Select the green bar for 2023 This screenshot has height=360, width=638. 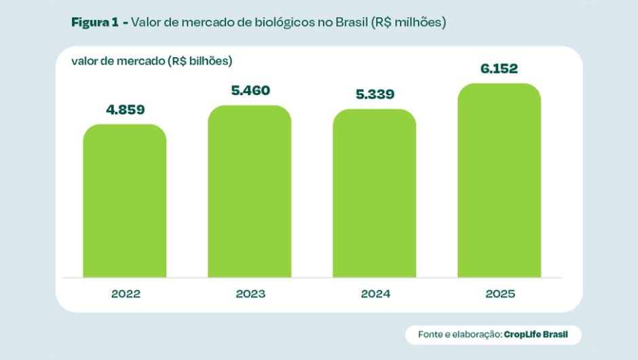(249, 192)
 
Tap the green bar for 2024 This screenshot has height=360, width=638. (374, 194)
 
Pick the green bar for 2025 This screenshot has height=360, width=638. (499, 181)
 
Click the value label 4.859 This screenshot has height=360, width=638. (124, 109)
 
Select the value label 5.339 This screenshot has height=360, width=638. (374, 94)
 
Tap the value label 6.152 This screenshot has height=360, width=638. (499, 69)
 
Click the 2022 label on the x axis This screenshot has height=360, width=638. (125, 294)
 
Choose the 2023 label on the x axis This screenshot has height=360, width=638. (250, 294)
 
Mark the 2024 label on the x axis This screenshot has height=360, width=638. (375, 294)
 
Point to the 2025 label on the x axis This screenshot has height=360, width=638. (500, 294)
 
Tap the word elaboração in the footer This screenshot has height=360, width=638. (474, 334)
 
